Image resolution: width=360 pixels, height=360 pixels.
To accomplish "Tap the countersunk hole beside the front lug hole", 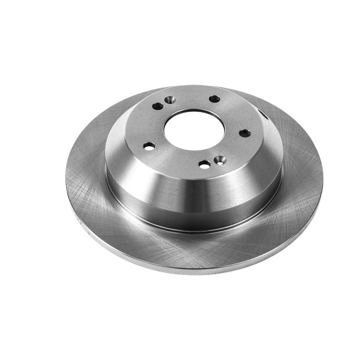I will coord(220,160).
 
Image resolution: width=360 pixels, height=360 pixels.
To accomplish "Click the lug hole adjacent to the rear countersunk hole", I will coord(158,106).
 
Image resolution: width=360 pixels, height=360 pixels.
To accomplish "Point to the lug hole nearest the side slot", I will coord(244,133).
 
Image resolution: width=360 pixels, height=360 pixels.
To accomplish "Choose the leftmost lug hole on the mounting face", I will coord(149,146).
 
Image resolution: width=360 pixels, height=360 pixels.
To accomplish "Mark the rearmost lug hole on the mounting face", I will coord(215,99).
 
